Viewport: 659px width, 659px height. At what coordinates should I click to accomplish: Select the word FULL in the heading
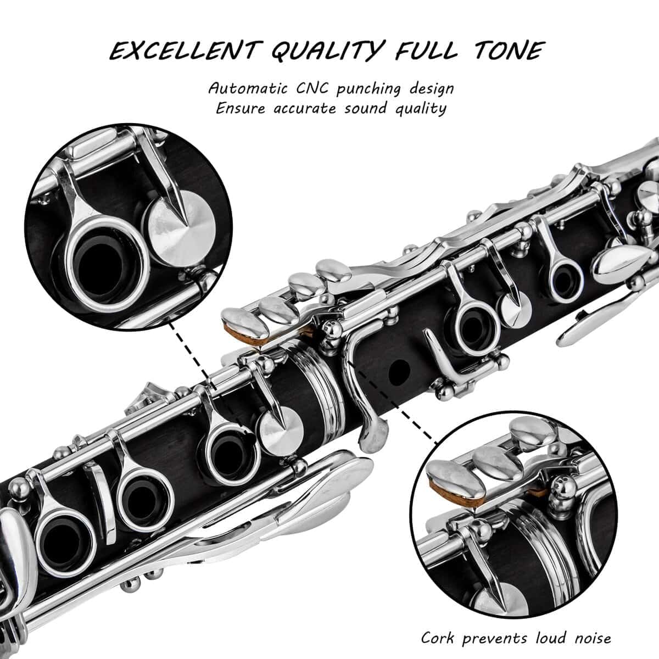coord(425,51)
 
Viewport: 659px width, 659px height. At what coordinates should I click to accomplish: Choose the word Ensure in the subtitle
coord(239,108)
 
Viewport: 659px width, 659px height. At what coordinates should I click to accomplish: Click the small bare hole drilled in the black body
coord(398,372)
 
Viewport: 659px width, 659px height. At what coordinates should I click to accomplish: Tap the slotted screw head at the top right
coord(649,194)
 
